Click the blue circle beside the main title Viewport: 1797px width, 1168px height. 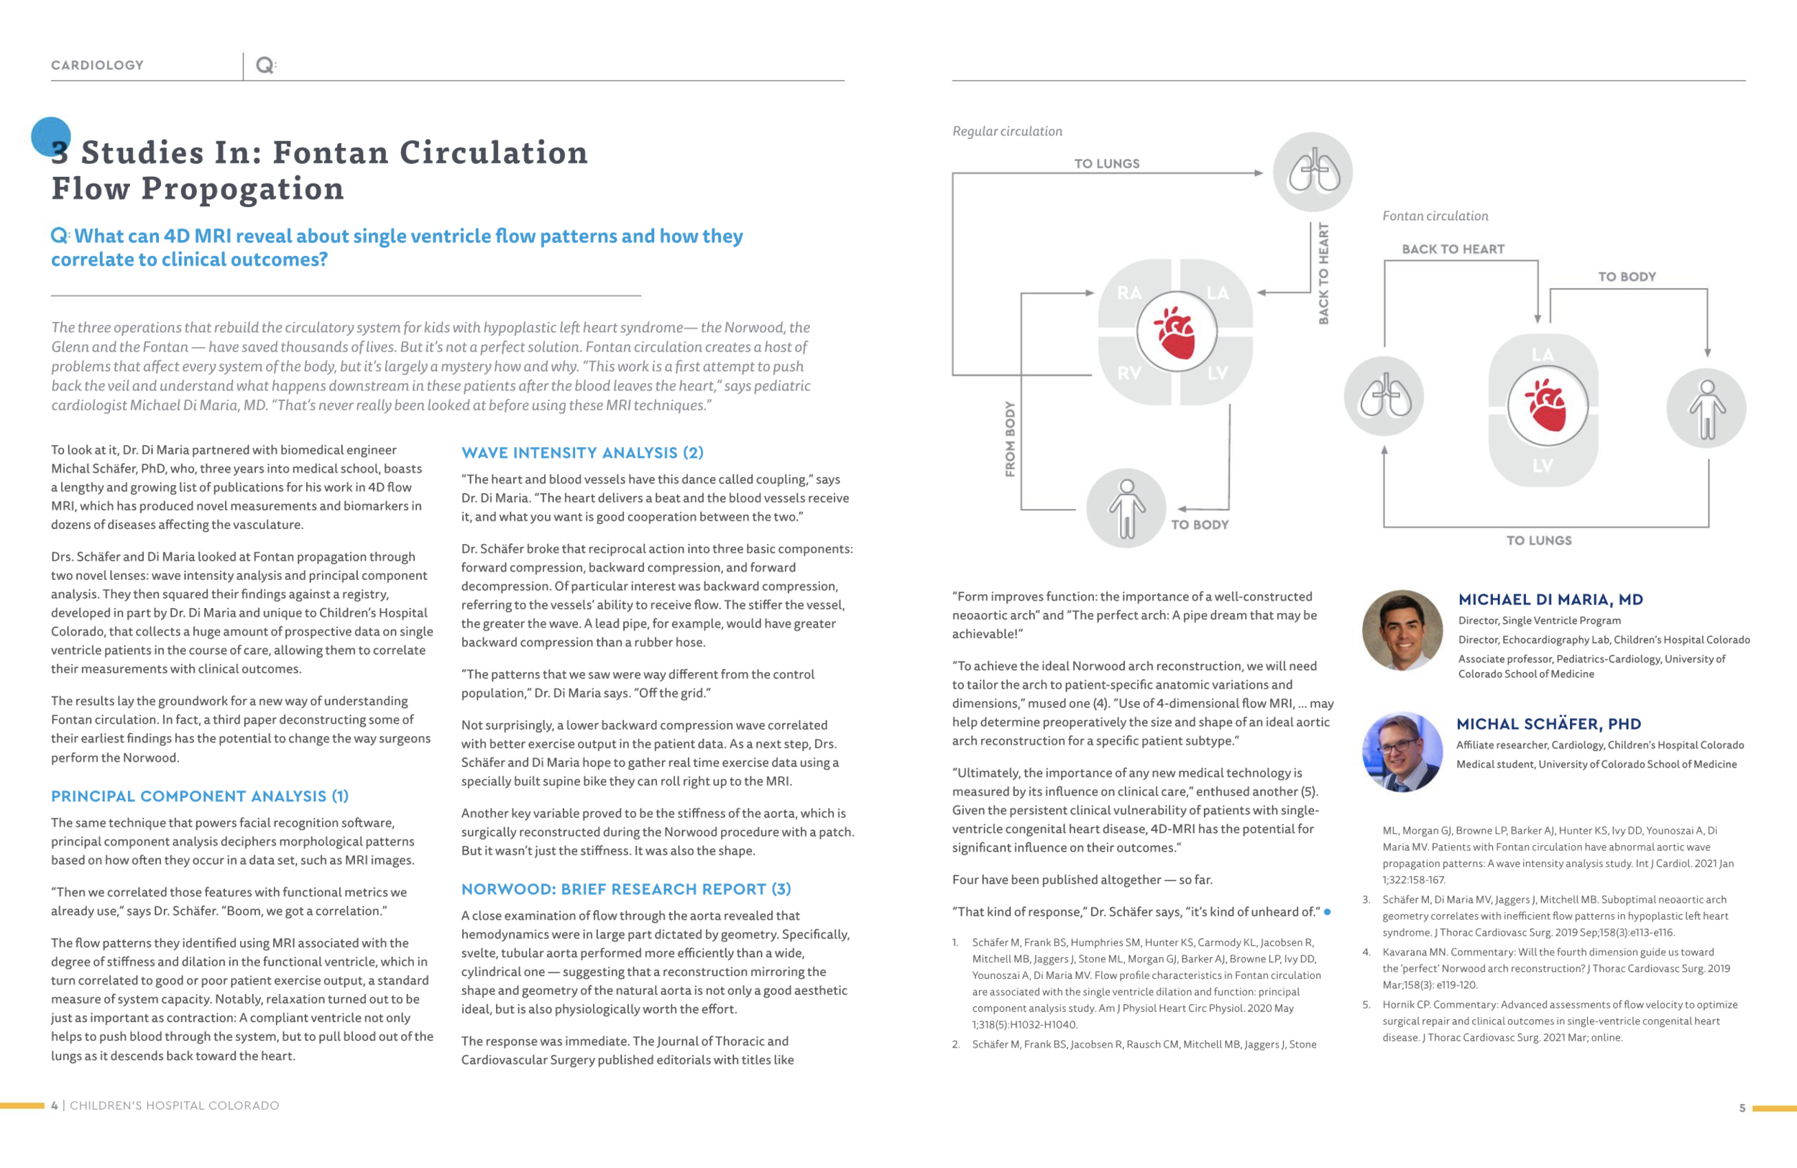[x=50, y=137]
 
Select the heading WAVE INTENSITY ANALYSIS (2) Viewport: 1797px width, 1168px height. [x=582, y=452]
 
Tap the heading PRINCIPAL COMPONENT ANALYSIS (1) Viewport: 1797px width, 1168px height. [x=199, y=796]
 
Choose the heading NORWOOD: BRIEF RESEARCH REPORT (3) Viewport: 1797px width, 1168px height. [x=626, y=888]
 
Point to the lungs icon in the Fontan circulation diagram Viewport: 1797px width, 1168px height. [x=1384, y=396]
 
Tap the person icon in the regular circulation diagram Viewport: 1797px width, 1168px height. [x=1126, y=508]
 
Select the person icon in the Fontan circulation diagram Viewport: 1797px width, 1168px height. [x=1706, y=408]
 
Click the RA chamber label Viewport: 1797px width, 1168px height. [x=1129, y=293]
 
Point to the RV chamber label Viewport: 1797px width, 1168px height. [x=1129, y=373]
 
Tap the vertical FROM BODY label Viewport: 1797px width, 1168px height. [x=1009, y=438]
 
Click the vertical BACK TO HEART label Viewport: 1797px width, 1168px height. [x=1323, y=273]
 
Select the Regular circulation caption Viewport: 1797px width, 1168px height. [x=1006, y=132]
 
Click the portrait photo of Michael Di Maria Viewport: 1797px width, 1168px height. [x=1402, y=630]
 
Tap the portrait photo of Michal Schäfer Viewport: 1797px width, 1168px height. [x=1402, y=752]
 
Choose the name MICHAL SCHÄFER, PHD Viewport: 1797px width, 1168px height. [x=1548, y=723]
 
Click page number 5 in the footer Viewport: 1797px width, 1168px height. [x=1742, y=1108]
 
